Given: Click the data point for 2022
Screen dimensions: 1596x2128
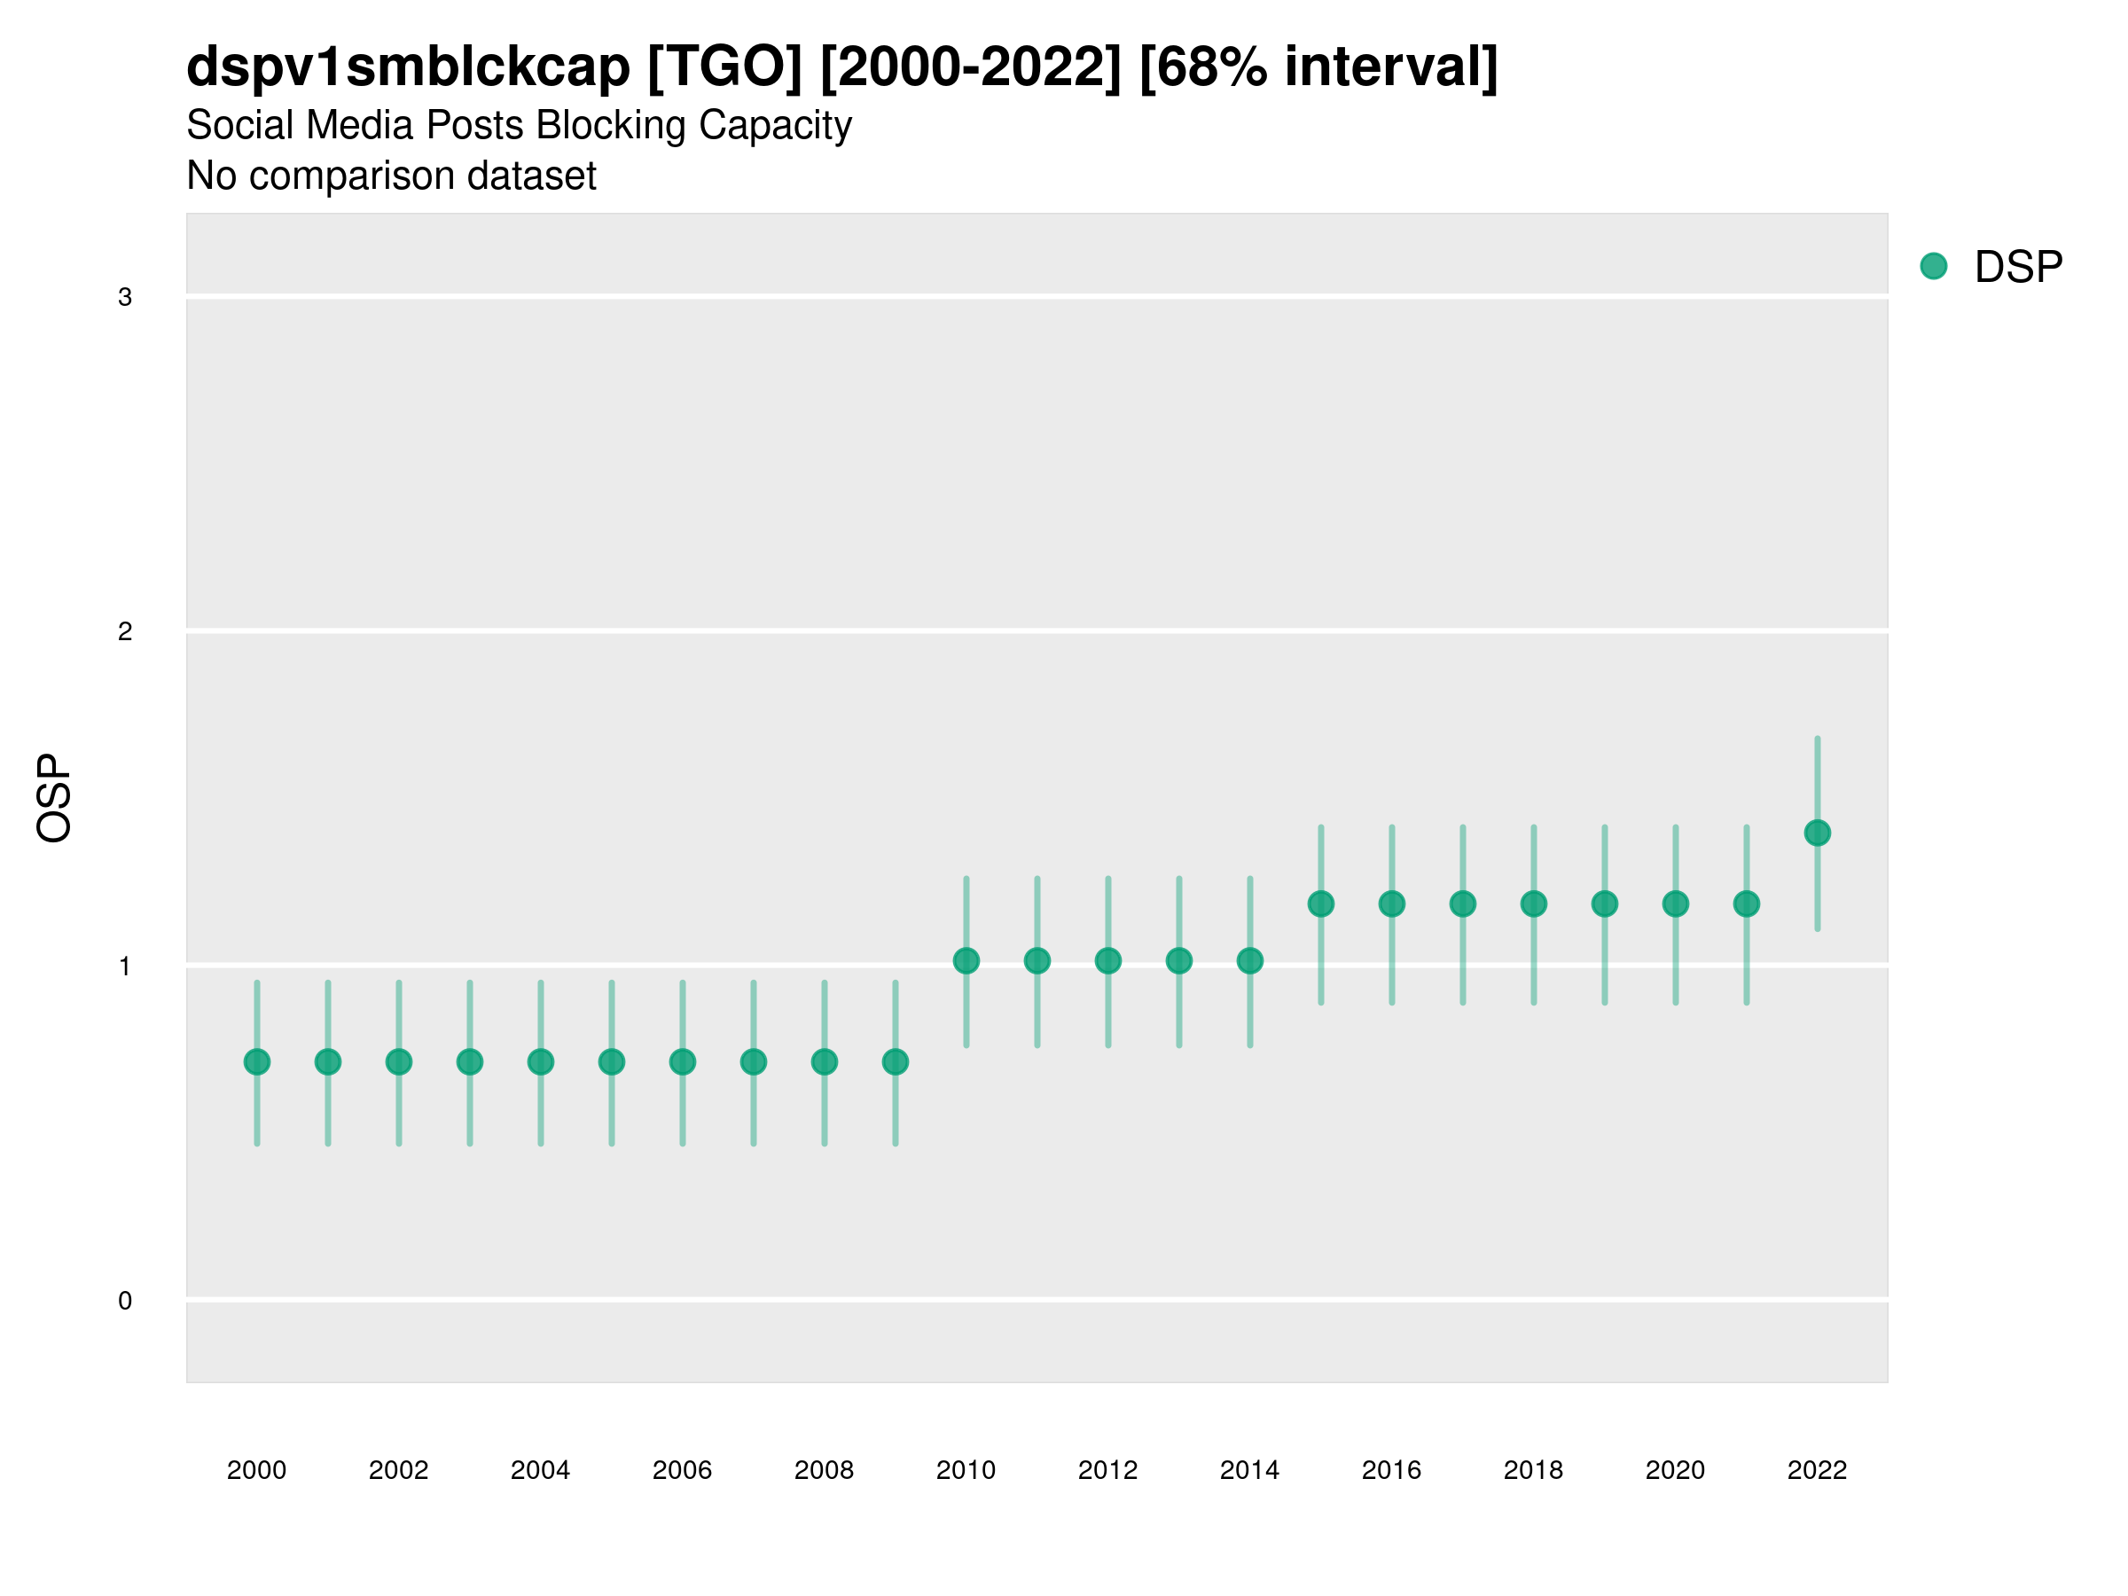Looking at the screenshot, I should click(1818, 833).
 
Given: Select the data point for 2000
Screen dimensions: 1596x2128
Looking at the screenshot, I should click(257, 1062).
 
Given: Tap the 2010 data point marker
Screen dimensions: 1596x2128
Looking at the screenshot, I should click(966, 961).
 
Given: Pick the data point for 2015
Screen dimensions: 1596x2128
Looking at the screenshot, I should click(1321, 904).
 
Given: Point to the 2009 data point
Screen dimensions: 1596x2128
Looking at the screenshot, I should click(896, 1062).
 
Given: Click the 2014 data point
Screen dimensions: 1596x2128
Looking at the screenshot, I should click(1249, 961).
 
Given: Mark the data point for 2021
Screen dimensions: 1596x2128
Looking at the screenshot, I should click(1746, 904).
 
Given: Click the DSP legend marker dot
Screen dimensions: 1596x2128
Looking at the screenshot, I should click(1933, 267).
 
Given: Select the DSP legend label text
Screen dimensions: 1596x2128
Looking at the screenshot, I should click(2018, 268).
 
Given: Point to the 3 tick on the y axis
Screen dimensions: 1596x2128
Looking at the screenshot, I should click(125, 297).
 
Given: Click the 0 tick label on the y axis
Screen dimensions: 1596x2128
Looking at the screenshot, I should click(125, 1301).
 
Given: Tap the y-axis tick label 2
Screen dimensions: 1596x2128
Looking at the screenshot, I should click(125, 632).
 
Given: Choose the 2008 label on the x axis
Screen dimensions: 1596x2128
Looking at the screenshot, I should click(825, 1470).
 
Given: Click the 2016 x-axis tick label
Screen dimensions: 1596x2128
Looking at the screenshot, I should click(1392, 1470).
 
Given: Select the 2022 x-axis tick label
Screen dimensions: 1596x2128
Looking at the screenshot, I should click(1818, 1470).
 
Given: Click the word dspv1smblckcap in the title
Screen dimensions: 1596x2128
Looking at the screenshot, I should click(408, 67).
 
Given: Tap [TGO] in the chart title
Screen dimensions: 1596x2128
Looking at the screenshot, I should click(724, 67).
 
